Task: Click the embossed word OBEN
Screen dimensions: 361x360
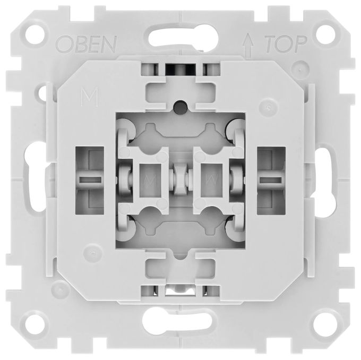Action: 87,44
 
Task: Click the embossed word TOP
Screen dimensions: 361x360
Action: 286,44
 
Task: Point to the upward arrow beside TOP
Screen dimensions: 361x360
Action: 248,45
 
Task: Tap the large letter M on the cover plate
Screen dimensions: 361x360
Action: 90,97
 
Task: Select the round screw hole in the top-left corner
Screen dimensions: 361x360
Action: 35,35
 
